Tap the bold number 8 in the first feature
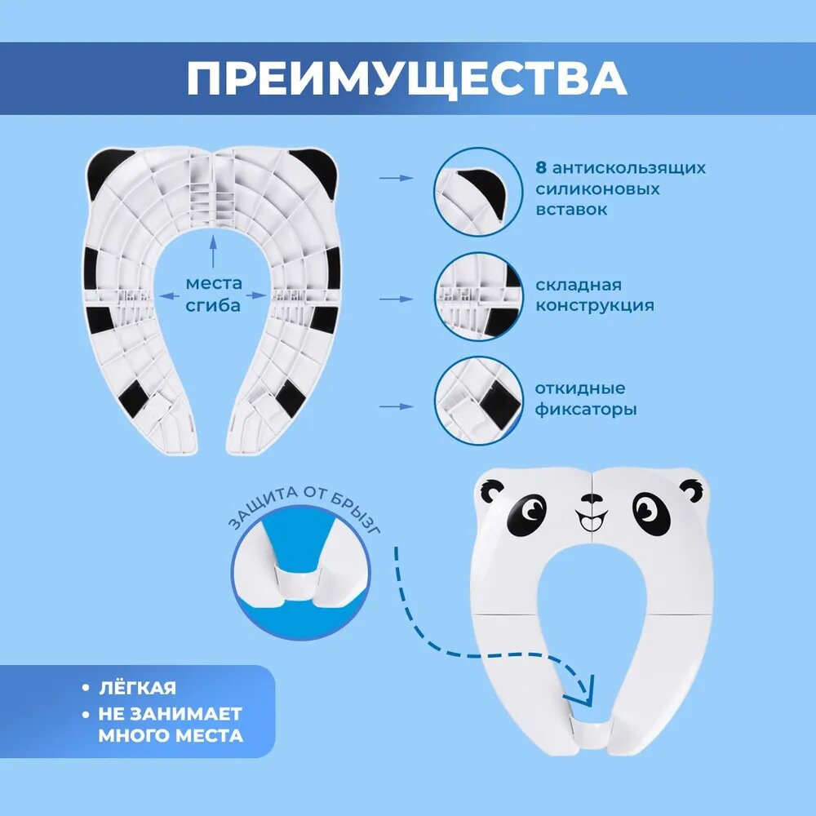click(x=540, y=168)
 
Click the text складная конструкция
click(x=595, y=295)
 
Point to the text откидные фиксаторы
click(x=586, y=398)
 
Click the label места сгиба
click(x=214, y=295)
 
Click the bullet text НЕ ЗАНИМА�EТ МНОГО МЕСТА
click(x=170, y=724)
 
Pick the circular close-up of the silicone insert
click(x=477, y=192)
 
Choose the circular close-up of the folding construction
click(x=477, y=296)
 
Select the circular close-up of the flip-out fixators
click(x=477, y=400)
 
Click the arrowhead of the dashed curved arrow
click(x=586, y=694)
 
